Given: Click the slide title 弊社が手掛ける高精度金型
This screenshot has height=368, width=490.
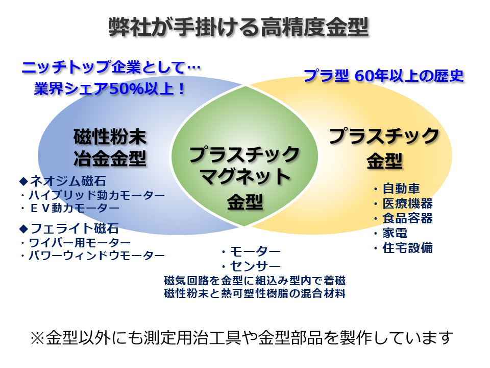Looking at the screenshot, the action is [238, 27].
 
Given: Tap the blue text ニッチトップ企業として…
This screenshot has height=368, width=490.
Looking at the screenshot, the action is [111, 67].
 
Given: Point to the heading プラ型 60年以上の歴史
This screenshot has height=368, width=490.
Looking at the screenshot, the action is [384, 76].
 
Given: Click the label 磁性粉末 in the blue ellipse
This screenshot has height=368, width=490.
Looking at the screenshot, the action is [110, 137].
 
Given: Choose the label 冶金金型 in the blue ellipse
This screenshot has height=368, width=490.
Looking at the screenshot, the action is [110, 158].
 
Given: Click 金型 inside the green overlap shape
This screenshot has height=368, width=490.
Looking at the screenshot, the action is [245, 202].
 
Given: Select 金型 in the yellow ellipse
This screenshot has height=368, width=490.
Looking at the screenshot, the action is [384, 161].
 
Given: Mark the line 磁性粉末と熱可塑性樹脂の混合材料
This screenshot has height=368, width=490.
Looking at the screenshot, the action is [255, 293].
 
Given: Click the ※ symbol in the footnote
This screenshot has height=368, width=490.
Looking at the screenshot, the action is [38, 338].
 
